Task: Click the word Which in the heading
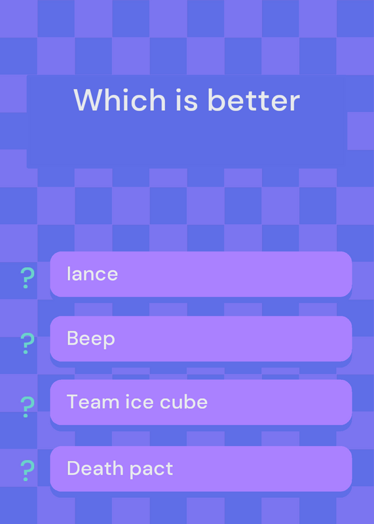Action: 120,100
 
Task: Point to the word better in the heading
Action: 253,100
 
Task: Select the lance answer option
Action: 201,274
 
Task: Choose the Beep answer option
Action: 201,339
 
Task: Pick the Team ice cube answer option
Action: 201,402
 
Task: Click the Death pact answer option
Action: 201,468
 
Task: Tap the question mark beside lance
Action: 27,278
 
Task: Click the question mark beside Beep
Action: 27,343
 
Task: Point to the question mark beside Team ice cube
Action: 27,407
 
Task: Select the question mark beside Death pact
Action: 27,470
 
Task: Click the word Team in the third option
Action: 92,402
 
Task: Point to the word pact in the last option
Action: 151,470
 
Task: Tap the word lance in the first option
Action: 92,274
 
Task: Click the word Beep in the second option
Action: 91,339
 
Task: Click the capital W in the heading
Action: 88,100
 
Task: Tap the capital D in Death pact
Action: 73,468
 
